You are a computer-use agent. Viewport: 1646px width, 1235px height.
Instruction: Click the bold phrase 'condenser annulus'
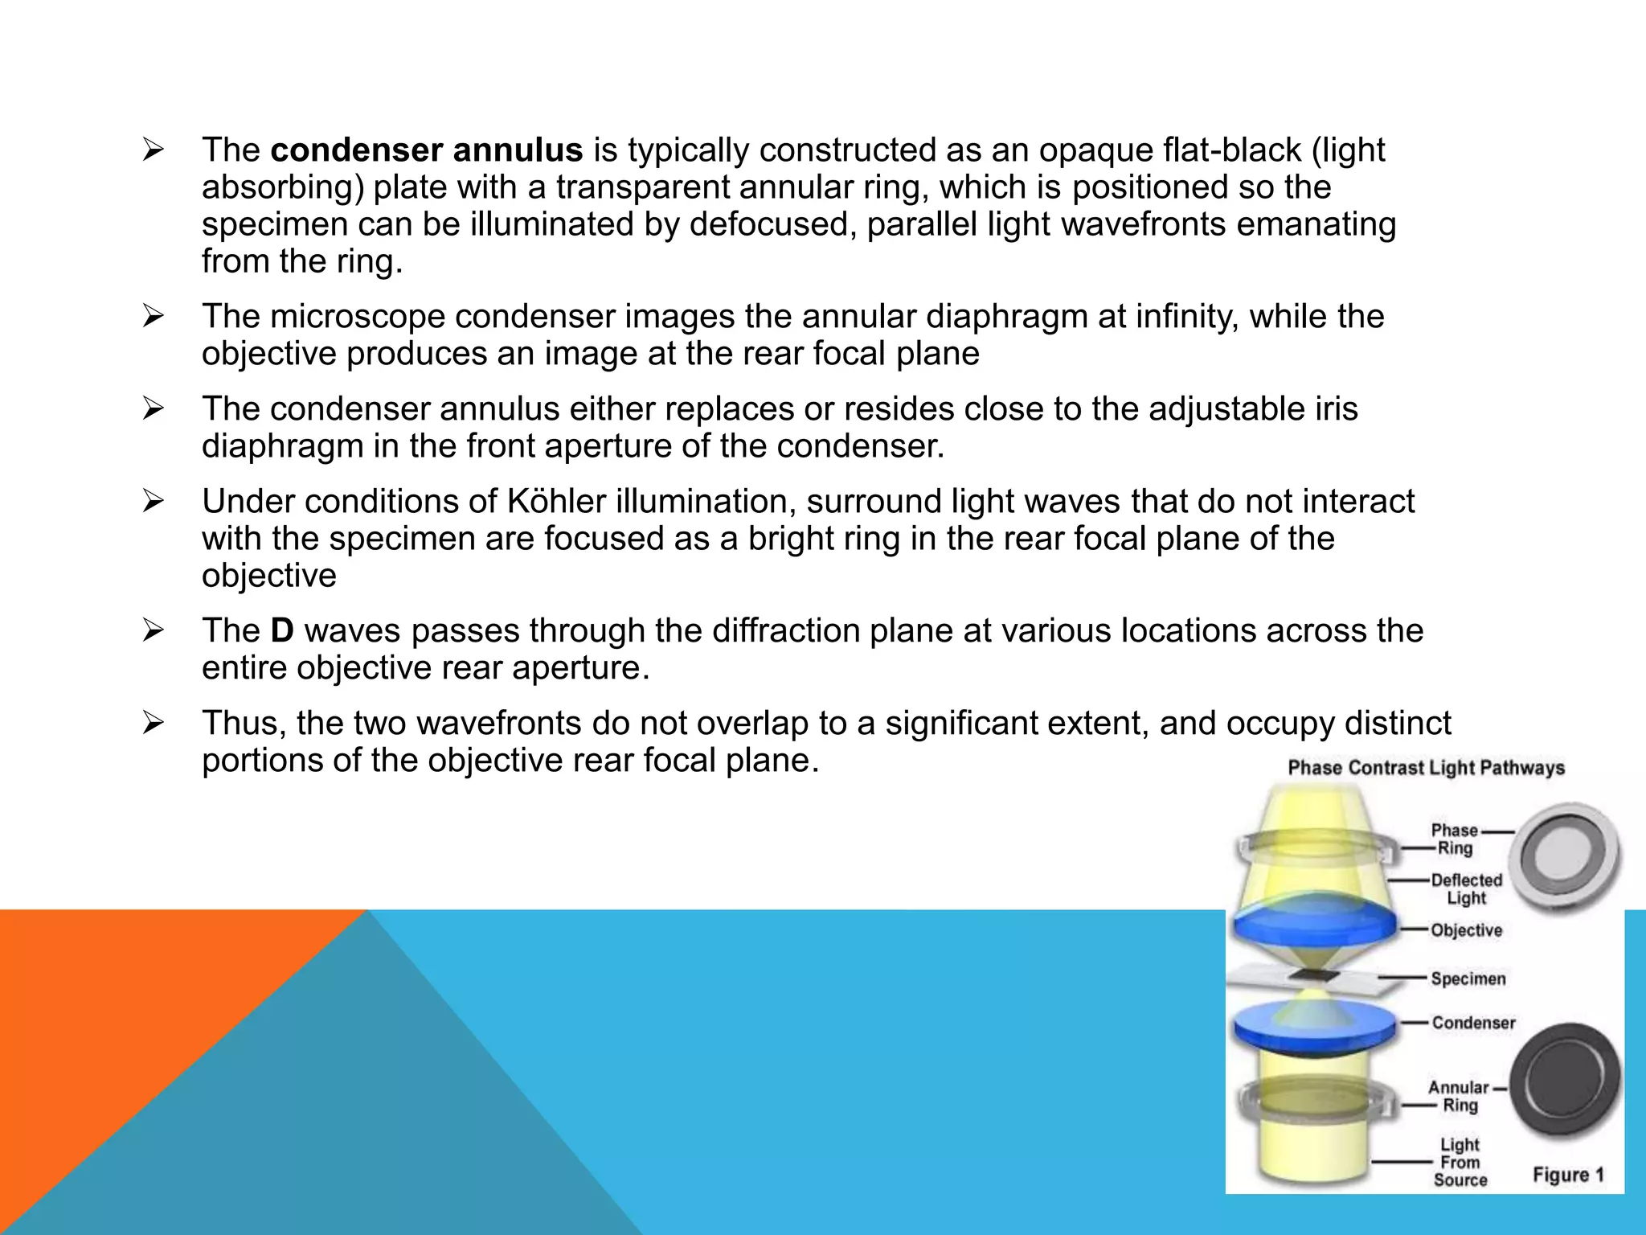tap(427, 150)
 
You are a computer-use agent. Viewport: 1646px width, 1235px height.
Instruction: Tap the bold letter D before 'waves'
tap(282, 630)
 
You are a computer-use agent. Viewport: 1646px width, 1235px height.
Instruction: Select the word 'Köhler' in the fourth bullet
tap(556, 502)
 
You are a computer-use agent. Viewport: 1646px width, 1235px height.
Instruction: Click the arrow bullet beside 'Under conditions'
tap(153, 502)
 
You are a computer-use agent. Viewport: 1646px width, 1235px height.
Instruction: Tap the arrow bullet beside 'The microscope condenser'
tap(153, 317)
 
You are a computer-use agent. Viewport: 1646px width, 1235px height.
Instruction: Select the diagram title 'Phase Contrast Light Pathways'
tap(1426, 768)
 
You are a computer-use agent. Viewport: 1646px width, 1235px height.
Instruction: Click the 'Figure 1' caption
tap(1568, 1175)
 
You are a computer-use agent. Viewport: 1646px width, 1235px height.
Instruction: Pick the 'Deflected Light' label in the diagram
tap(1466, 889)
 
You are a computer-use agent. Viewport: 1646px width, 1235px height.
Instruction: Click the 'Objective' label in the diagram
tap(1466, 930)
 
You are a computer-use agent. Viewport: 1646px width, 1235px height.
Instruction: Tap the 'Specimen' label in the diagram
tap(1468, 979)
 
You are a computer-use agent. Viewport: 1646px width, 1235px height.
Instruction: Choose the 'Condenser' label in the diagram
tap(1473, 1023)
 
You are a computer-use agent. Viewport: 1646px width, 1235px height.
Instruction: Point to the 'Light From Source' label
tap(1460, 1162)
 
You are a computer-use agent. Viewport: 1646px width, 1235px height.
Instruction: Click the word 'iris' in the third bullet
tap(1333, 409)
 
